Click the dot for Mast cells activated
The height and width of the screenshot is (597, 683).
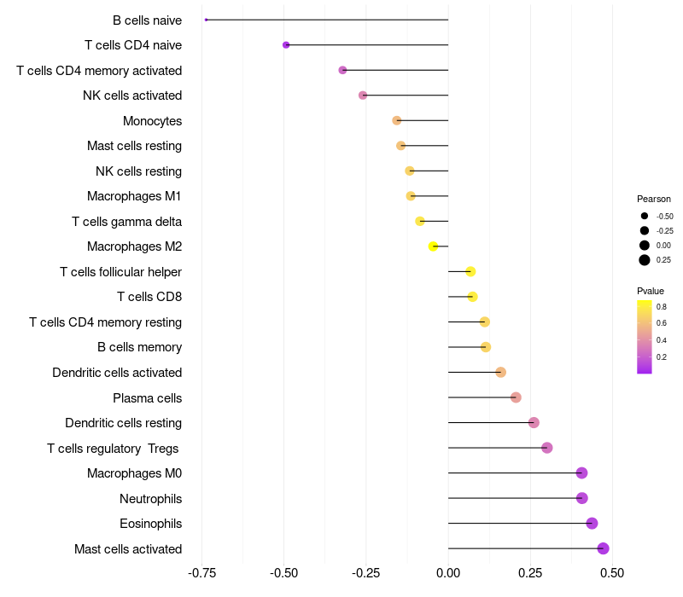(x=604, y=548)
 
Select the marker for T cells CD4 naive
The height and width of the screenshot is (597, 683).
(x=286, y=44)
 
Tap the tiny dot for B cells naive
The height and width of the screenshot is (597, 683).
(x=207, y=20)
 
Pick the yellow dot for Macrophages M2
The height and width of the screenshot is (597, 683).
(x=433, y=246)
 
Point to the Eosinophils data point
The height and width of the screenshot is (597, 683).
(x=592, y=524)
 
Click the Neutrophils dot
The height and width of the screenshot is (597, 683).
(x=582, y=498)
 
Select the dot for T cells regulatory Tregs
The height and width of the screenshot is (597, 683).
(x=547, y=448)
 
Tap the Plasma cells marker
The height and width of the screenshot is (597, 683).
(x=516, y=397)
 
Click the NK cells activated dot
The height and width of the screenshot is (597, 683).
(x=363, y=95)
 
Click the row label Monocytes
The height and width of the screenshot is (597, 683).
(x=152, y=120)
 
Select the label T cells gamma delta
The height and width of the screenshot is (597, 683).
(x=126, y=222)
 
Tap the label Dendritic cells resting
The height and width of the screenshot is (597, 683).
(x=123, y=423)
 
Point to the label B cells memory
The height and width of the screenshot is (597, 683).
(x=139, y=347)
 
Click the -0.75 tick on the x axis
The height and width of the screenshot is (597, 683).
(x=202, y=573)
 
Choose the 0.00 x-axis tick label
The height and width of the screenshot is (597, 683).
(x=448, y=573)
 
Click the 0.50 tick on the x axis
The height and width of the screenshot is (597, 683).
(x=612, y=573)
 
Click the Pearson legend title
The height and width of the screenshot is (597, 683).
(x=654, y=199)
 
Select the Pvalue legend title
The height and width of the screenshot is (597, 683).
(x=651, y=291)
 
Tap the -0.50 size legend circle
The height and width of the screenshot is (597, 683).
(x=645, y=216)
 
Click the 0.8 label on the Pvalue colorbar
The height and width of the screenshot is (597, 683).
(x=662, y=306)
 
